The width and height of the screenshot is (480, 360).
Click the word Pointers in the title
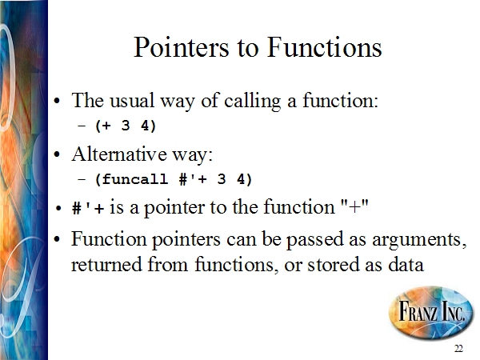click(182, 47)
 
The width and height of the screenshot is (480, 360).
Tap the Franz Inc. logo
click(431, 313)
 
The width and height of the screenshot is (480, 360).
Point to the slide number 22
click(458, 349)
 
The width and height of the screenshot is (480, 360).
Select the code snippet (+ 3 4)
click(126, 126)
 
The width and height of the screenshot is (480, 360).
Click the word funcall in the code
click(134, 179)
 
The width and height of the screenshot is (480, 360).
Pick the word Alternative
click(119, 154)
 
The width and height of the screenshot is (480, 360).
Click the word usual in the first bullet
click(132, 101)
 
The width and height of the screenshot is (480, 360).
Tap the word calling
click(252, 101)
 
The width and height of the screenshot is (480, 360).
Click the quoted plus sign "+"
click(354, 206)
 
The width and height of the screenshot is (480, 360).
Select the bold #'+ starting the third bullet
click(87, 208)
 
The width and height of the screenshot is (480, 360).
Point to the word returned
click(106, 264)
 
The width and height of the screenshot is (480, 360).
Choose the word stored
click(333, 264)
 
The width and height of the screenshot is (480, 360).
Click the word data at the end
click(406, 264)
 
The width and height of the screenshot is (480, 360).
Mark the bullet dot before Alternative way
click(57, 154)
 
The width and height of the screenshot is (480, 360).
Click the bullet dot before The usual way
click(57, 102)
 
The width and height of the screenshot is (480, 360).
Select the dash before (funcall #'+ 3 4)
click(82, 179)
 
